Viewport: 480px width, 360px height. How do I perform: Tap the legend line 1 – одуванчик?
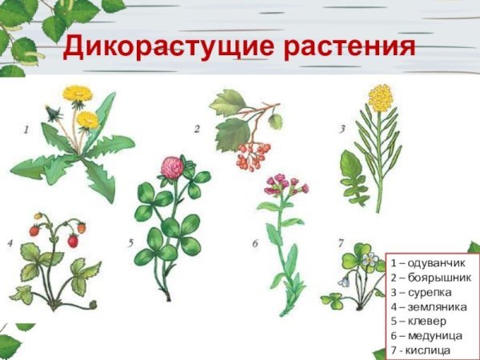(x=429, y=263)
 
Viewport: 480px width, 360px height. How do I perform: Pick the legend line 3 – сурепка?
(x=425, y=292)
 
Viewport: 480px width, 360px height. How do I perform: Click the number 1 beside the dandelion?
(x=26, y=128)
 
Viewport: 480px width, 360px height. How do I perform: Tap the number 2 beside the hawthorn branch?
(x=197, y=128)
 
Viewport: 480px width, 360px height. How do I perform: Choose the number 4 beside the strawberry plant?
(x=10, y=241)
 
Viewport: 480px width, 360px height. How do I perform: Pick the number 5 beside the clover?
(x=130, y=241)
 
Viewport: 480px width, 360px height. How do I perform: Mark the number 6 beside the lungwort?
(x=254, y=242)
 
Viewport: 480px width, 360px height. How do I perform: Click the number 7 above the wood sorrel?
(x=341, y=242)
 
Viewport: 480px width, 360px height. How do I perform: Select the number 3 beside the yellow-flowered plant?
(x=342, y=127)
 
